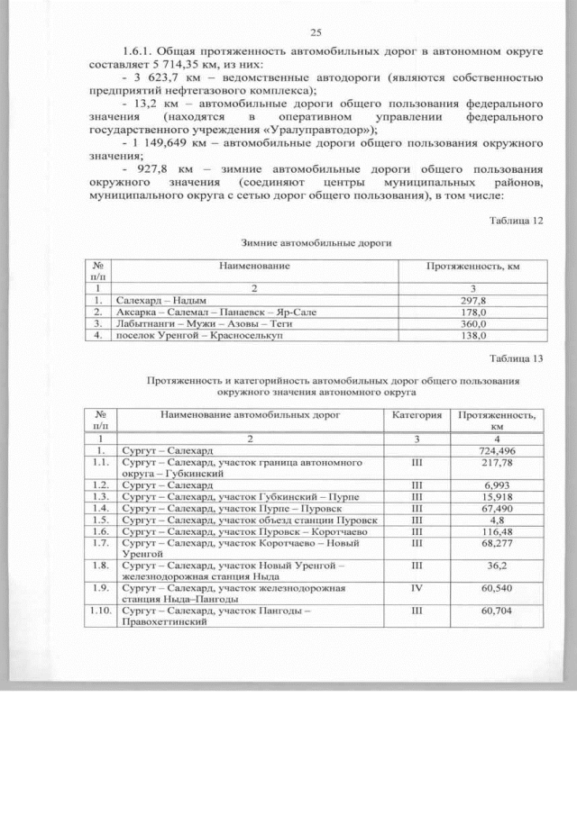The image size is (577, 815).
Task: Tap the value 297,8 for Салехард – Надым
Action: point(473,300)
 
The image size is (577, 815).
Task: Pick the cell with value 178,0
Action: point(473,312)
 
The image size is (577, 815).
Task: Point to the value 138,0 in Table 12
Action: point(473,335)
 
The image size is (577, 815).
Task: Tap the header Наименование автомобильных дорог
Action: point(249,416)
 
